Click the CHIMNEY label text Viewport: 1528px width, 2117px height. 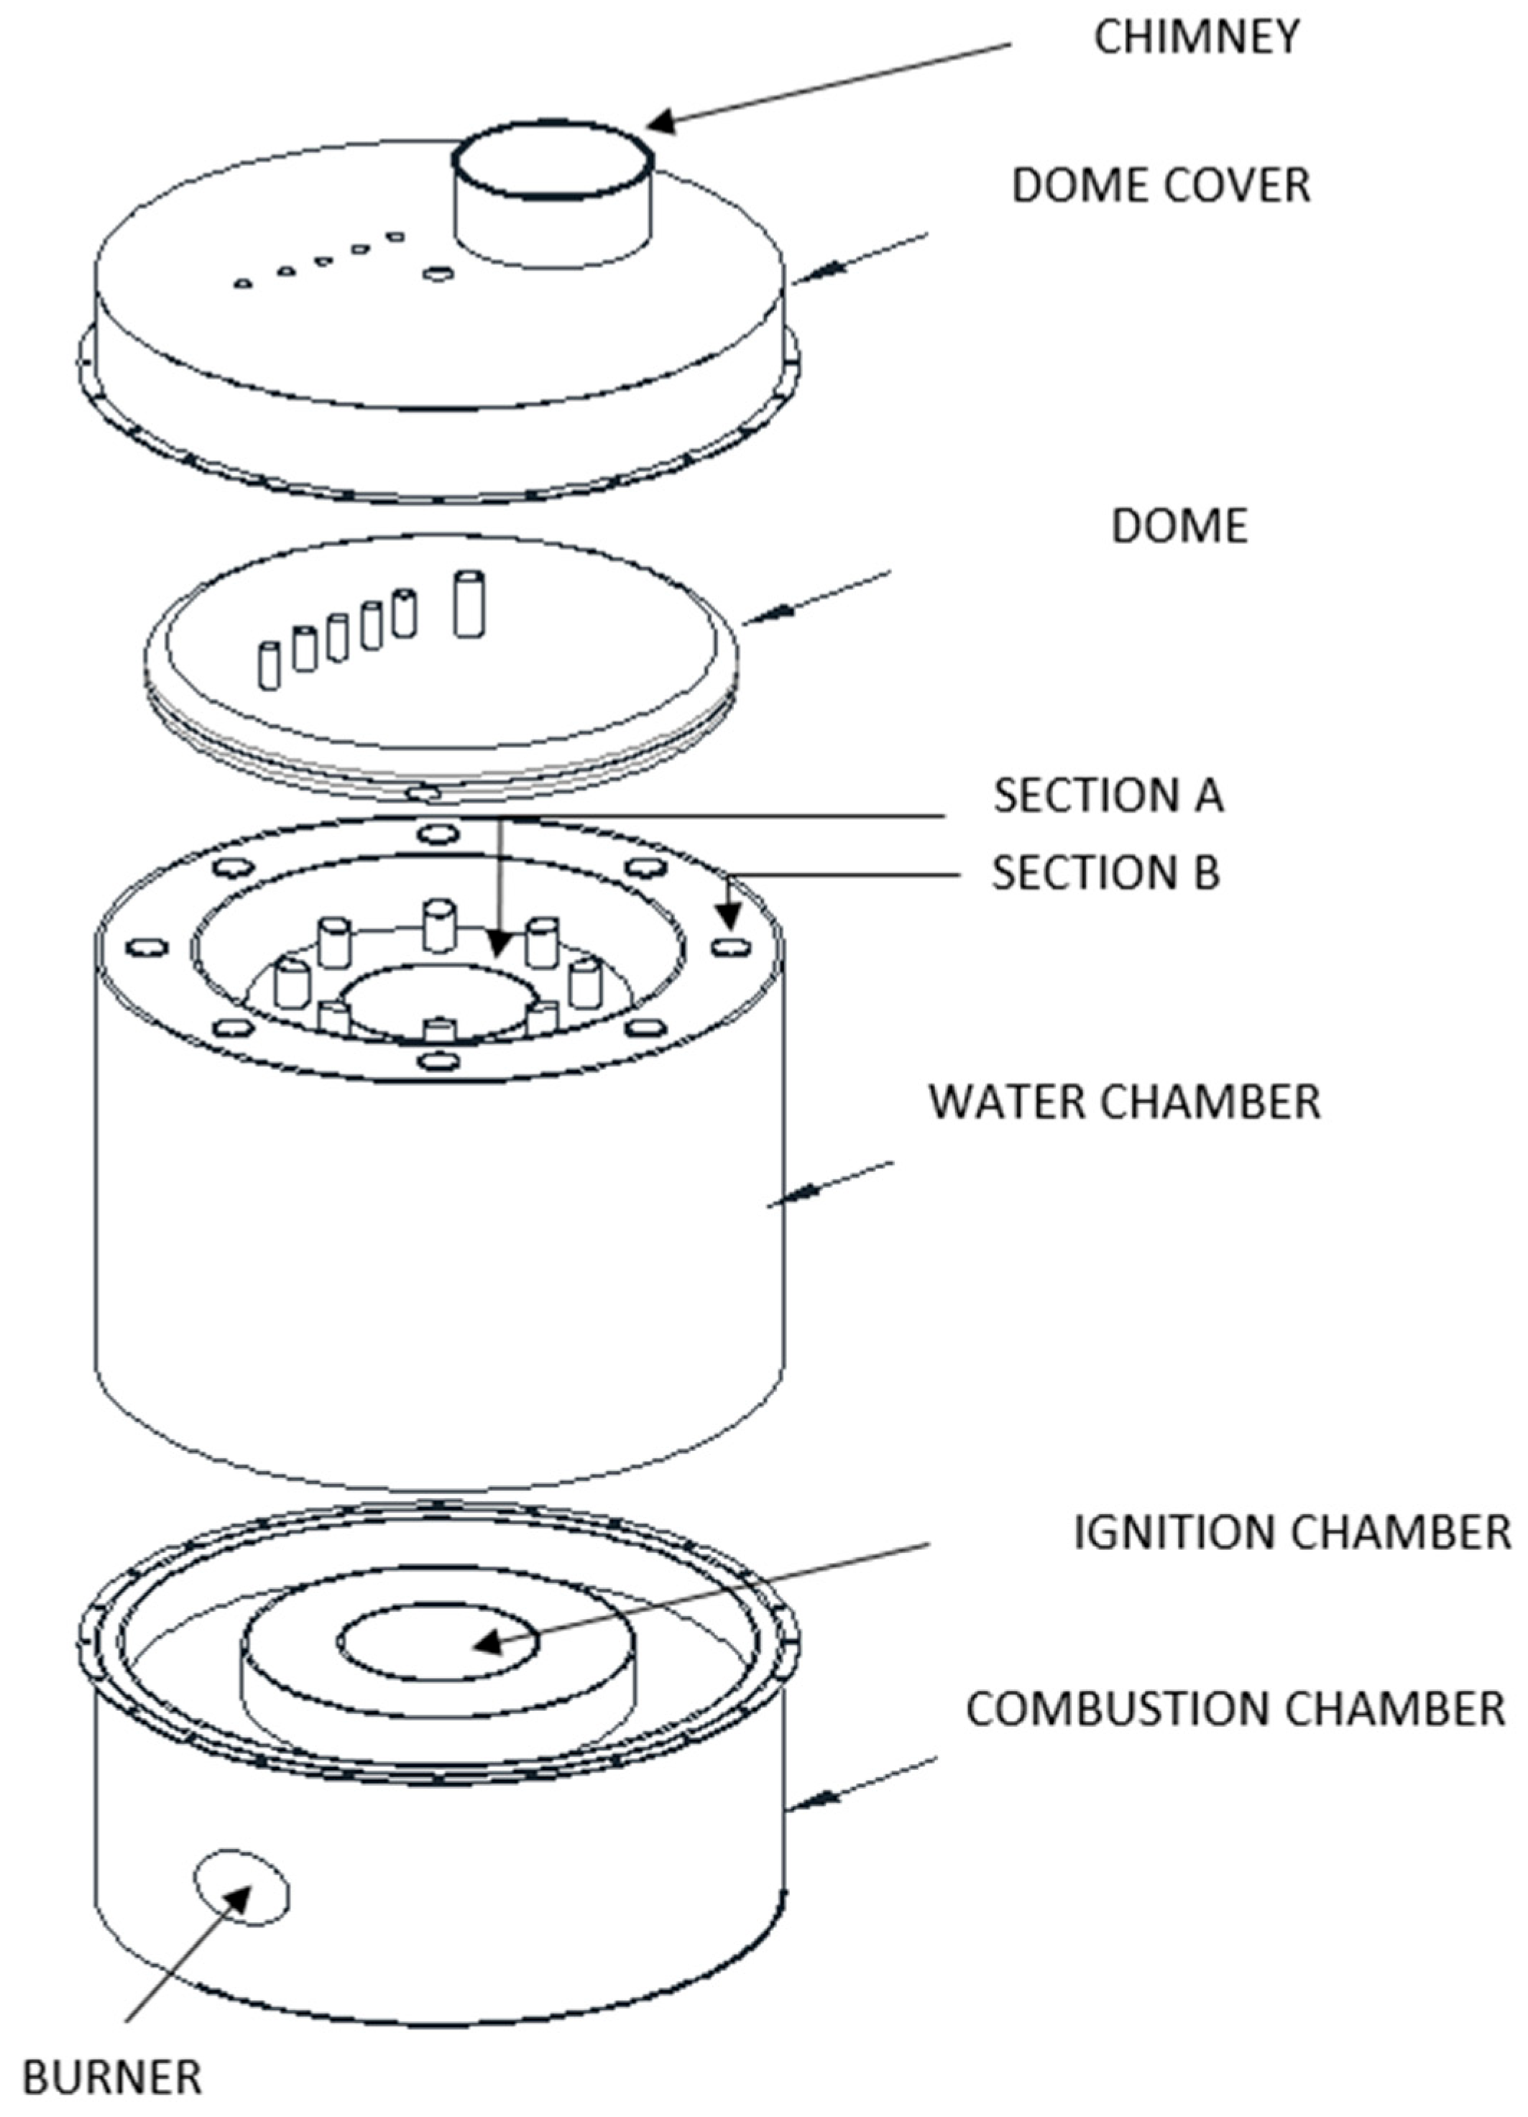point(1196,38)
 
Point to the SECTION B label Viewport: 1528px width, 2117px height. point(1105,873)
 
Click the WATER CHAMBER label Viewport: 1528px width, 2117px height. point(1124,1102)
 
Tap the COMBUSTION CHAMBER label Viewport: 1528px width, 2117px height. point(1235,1709)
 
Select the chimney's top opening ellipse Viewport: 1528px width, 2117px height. point(553,160)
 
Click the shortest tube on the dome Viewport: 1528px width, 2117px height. point(269,665)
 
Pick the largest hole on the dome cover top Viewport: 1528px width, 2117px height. point(438,274)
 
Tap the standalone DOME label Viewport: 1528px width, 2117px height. point(1179,527)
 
